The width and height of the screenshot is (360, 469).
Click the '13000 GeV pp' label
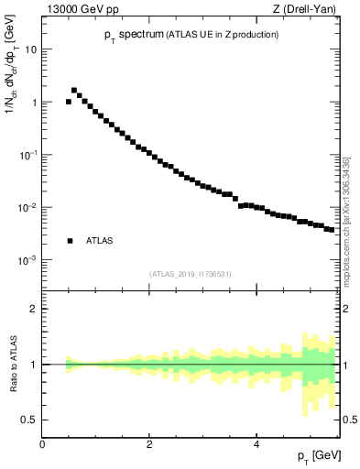click(77, 9)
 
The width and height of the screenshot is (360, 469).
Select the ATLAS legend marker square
click(70, 241)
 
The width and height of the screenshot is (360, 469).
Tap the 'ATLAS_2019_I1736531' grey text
click(191, 274)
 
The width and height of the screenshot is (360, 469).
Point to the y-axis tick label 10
click(32, 49)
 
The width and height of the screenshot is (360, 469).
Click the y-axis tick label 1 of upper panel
click(35, 103)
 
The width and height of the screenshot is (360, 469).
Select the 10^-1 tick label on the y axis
click(29, 155)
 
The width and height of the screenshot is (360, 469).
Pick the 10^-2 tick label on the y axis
click(29, 208)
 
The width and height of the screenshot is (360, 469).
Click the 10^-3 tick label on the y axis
click(29, 260)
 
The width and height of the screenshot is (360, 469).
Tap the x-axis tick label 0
click(42, 444)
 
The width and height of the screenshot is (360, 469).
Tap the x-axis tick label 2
click(149, 444)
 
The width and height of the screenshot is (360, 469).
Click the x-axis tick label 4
click(256, 444)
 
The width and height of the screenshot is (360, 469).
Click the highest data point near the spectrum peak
click(74, 90)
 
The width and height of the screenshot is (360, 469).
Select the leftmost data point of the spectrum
click(69, 102)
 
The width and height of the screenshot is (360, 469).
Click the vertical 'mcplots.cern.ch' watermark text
click(345, 220)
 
